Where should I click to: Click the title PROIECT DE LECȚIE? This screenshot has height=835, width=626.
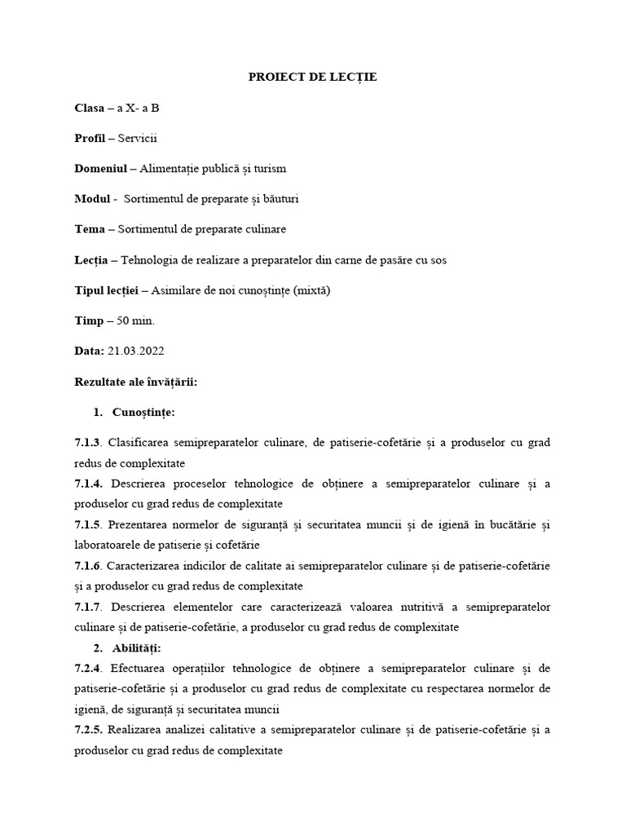click(313, 77)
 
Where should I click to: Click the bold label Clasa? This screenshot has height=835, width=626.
click(89, 108)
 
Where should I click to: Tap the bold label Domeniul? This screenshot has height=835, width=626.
click(101, 169)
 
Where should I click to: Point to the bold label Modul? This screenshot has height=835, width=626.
click(92, 199)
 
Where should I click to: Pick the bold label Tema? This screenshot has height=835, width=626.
click(90, 229)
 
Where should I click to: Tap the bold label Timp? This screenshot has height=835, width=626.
click(89, 320)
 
